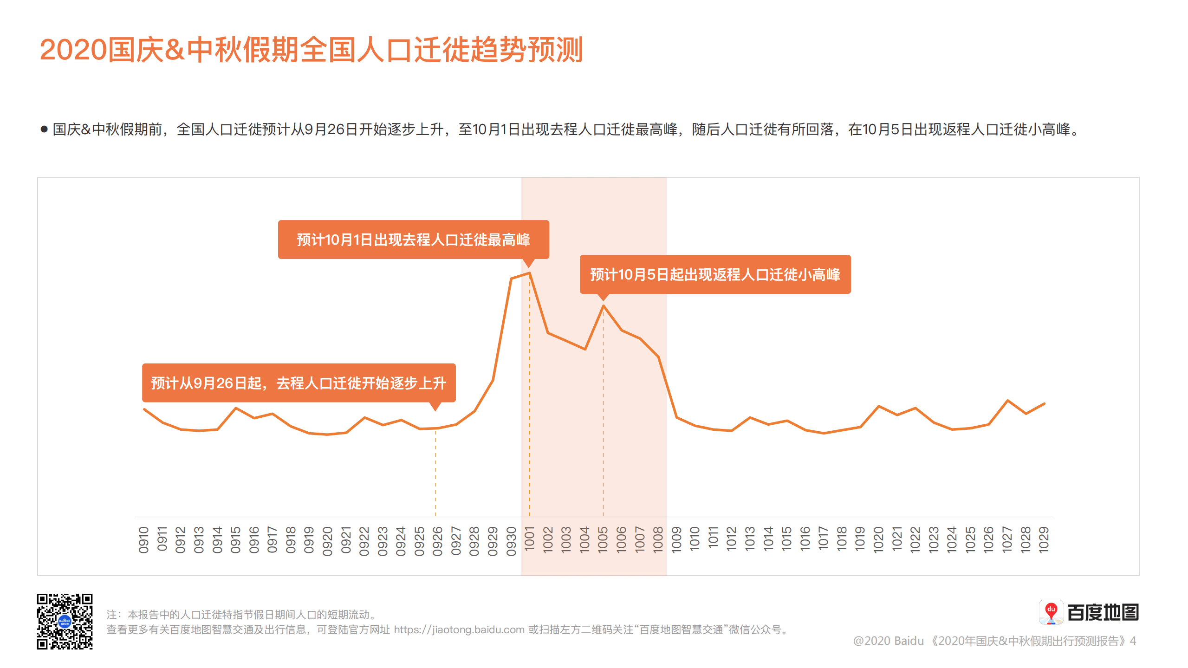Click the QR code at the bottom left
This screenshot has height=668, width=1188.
tap(65, 621)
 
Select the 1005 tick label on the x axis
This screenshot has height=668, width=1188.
tap(603, 539)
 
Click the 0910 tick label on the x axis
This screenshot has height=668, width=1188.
tap(143, 540)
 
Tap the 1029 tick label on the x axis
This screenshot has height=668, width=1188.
tap(1044, 540)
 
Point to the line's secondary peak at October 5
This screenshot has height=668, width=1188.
tap(603, 305)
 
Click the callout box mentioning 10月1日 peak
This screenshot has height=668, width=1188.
tap(413, 240)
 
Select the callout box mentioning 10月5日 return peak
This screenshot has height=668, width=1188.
tap(715, 274)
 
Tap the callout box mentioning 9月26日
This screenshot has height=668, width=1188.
tap(299, 383)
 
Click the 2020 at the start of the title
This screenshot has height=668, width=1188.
tap(73, 50)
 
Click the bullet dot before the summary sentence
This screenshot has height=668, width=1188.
tap(44, 129)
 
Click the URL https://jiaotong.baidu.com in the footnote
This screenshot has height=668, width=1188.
tap(459, 629)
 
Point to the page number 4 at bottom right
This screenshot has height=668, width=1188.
tap(1133, 641)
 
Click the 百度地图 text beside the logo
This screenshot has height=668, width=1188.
tap(1103, 613)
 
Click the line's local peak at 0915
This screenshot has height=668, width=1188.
tap(236, 408)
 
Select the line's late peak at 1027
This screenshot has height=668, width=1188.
tap(1007, 400)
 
